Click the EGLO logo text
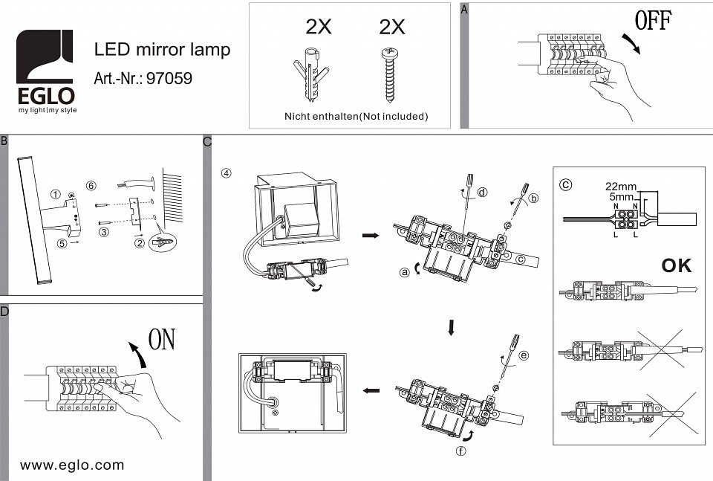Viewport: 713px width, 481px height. pos(45,97)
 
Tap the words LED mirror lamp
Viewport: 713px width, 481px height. pos(162,50)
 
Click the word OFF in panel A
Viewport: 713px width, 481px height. pos(654,21)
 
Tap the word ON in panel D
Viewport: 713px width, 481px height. pos(162,340)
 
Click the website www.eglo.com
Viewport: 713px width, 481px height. pos(72,465)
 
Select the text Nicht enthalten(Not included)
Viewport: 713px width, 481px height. pos(356,117)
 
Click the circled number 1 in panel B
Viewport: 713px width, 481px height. pos(55,194)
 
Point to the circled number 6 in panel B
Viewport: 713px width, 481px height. pos(91,184)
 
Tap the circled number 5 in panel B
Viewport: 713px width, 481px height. pos(63,242)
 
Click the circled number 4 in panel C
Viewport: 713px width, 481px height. pos(227,173)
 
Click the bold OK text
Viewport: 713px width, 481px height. pos(675,265)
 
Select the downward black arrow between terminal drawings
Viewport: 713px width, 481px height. pos(450,328)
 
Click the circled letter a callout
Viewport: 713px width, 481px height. pos(405,272)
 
